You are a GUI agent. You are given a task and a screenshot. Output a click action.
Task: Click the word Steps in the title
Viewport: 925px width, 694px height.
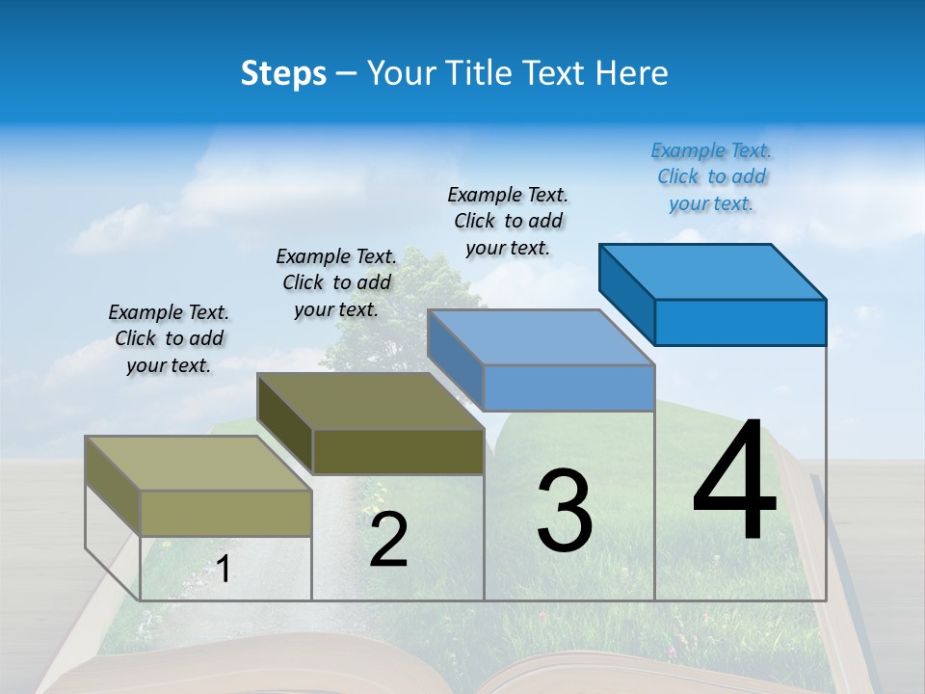point(283,73)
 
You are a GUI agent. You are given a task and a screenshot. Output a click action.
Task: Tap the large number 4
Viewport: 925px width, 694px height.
point(734,481)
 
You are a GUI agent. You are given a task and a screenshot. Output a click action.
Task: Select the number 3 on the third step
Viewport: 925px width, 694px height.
point(564,512)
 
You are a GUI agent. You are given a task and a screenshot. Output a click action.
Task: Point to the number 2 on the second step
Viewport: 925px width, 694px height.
point(388,541)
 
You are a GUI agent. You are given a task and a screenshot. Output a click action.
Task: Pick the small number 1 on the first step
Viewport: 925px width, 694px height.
point(223,570)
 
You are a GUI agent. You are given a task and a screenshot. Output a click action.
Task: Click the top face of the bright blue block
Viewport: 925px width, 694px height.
point(712,271)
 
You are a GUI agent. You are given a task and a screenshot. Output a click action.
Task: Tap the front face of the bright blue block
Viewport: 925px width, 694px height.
point(740,322)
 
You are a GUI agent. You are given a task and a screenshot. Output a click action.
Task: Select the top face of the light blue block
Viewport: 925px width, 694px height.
point(541,337)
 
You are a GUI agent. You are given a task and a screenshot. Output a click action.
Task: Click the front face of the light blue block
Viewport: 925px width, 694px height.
point(568,387)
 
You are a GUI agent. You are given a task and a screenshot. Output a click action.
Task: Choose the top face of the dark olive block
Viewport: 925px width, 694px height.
point(370,401)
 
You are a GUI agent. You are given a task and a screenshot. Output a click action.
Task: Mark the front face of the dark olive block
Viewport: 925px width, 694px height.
point(398,451)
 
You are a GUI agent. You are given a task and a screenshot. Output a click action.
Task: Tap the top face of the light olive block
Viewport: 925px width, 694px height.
point(198,464)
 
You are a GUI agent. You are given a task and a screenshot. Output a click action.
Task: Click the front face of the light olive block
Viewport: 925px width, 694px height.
point(225,513)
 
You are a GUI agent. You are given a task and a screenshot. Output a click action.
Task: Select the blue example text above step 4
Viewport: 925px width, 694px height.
point(711,177)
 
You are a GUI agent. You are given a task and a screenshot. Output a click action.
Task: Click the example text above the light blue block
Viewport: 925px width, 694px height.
point(508,221)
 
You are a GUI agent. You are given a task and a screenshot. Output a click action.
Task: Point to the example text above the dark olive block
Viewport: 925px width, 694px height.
point(336,282)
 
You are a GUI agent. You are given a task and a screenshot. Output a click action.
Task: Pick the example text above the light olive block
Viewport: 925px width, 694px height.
point(169,338)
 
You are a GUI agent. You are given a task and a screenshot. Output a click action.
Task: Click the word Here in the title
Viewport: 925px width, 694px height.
point(632,73)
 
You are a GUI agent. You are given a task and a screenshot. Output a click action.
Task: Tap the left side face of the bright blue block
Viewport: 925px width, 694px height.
point(626,289)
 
